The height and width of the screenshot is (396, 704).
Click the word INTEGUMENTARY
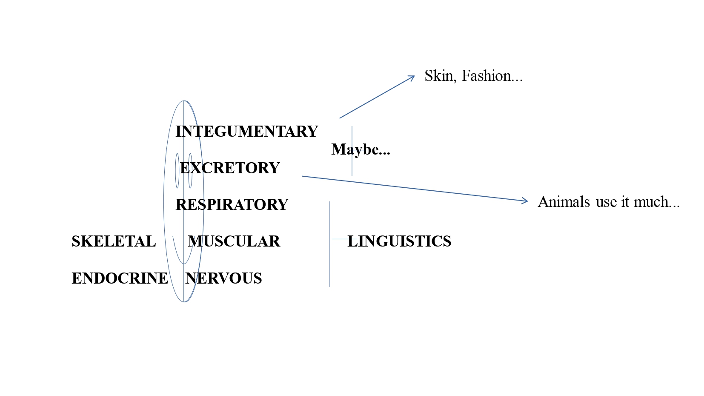[x=246, y=131]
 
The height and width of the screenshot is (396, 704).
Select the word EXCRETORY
[x=230, y=168]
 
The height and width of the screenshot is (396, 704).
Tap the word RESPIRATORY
[x=232, y=204]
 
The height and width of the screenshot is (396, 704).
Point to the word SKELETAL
[x=114, y=241]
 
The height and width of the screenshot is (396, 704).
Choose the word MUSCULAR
[x=234, y=241]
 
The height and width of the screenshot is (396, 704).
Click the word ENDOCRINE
[x=120, y=278]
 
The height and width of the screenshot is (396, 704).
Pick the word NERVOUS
[x=223, y=278]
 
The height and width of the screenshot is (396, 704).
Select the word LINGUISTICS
[x=399, y=241]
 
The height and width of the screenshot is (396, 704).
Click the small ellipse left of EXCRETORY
[x=177, y=170]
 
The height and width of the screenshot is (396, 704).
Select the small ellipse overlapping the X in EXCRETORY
[x=190, y=170]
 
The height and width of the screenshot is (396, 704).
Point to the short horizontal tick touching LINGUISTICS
[x=341, y=239]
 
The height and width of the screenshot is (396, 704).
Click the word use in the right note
[x=607, y=202]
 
